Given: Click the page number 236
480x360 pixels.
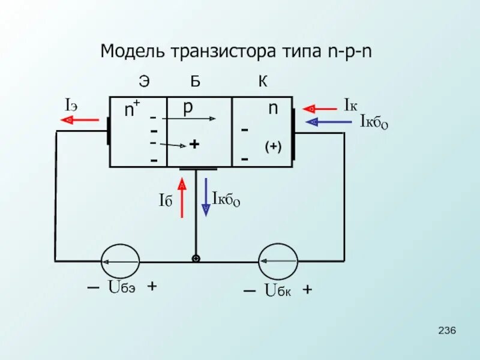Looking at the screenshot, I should click(448, 331).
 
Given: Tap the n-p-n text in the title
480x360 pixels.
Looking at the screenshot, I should click(350, 50).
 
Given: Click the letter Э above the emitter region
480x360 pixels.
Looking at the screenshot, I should click(144, 82).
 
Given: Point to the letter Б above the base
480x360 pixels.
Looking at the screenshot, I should click(196, 82).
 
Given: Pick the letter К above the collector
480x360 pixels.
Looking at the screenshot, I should click(263, 82).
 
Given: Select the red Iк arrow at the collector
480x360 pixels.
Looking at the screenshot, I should click(320, 109).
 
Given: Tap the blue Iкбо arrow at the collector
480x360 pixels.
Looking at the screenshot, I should click(329, 122).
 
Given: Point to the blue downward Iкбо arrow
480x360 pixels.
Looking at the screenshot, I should click(206, 196).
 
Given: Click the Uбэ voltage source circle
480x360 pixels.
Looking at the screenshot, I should click(119, 262).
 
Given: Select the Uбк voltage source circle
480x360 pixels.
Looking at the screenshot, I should click(278, 262).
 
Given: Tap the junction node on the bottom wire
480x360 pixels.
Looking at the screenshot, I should click(196, 259).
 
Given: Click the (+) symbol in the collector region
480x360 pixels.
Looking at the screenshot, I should click(273, 147).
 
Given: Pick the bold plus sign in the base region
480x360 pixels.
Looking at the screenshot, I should click(194, 145).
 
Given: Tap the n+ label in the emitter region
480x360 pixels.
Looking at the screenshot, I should click(131, 110).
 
